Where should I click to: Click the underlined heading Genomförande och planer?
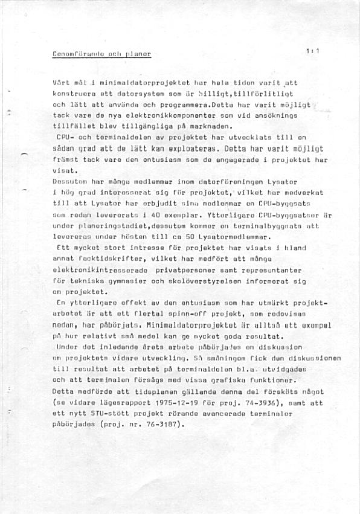[102, 54]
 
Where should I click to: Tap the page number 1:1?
[312, 51]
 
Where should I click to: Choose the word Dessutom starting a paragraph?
[71, 181]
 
